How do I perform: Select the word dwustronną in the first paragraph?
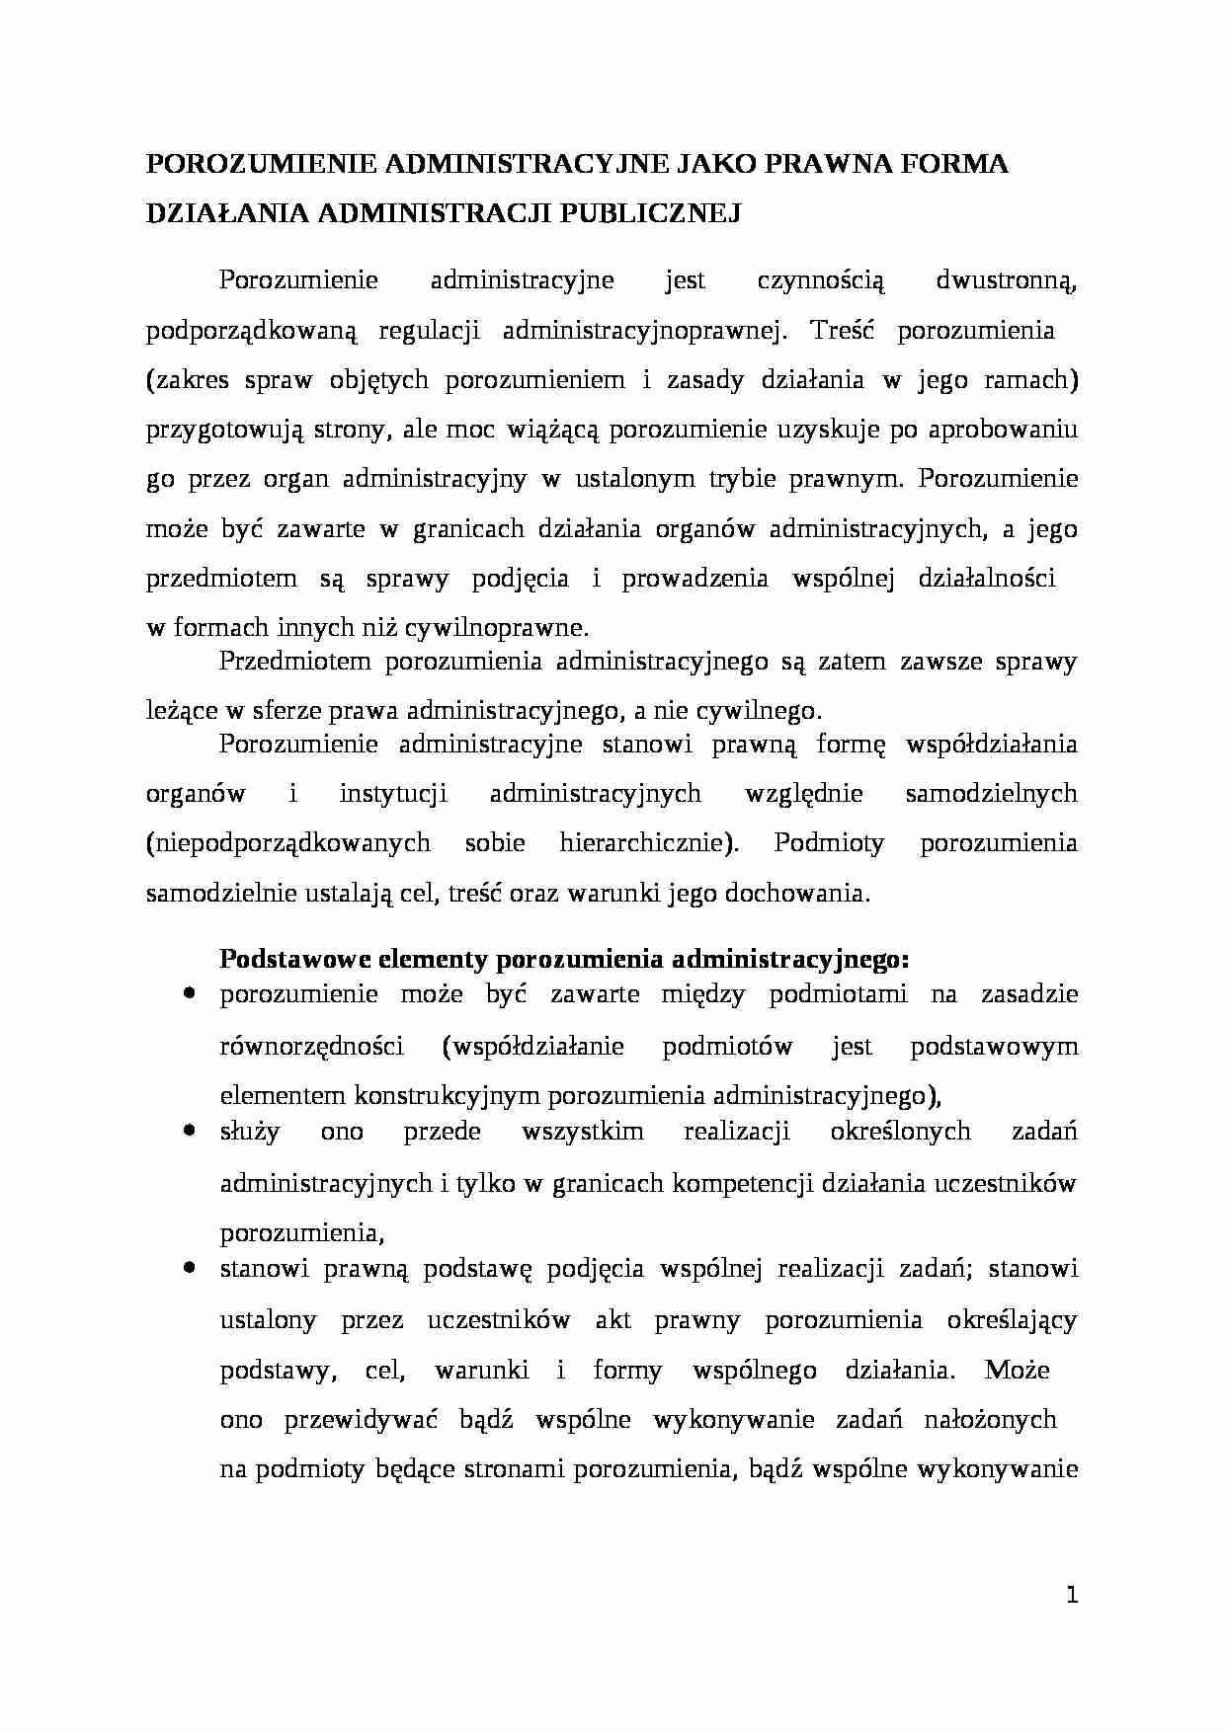(x=1006, y=280)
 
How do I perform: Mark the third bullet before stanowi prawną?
(x=188, y=1266)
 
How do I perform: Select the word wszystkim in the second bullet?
(x=583, y=1132)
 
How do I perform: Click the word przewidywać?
(x=360, y=1420)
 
